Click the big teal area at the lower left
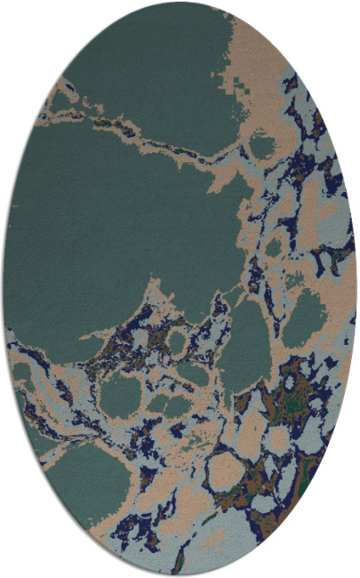tap(84, 480)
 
